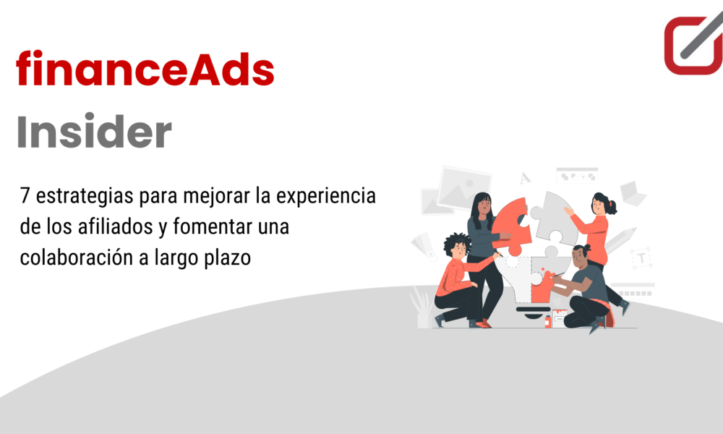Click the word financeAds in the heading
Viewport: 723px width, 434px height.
point(145,68)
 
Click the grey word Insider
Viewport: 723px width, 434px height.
point(94,131)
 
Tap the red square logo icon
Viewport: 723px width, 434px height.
point(693,44)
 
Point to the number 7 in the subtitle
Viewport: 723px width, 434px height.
point(25,195)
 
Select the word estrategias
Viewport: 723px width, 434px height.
point(84,196)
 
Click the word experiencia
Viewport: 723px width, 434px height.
point(326,196)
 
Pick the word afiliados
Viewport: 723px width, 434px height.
point(115,226)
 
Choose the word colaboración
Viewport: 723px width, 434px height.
point(77,258)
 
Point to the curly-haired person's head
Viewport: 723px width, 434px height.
point(457,245)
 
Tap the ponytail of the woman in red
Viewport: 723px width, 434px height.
point(612,207)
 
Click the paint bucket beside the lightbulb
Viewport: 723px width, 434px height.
point(558,318)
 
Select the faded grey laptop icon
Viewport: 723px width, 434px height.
point(632,193)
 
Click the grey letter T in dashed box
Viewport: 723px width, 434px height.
point(641,258)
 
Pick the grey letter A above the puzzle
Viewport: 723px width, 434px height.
point(525,178)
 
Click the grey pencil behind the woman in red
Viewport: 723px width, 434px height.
point(620,240)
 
